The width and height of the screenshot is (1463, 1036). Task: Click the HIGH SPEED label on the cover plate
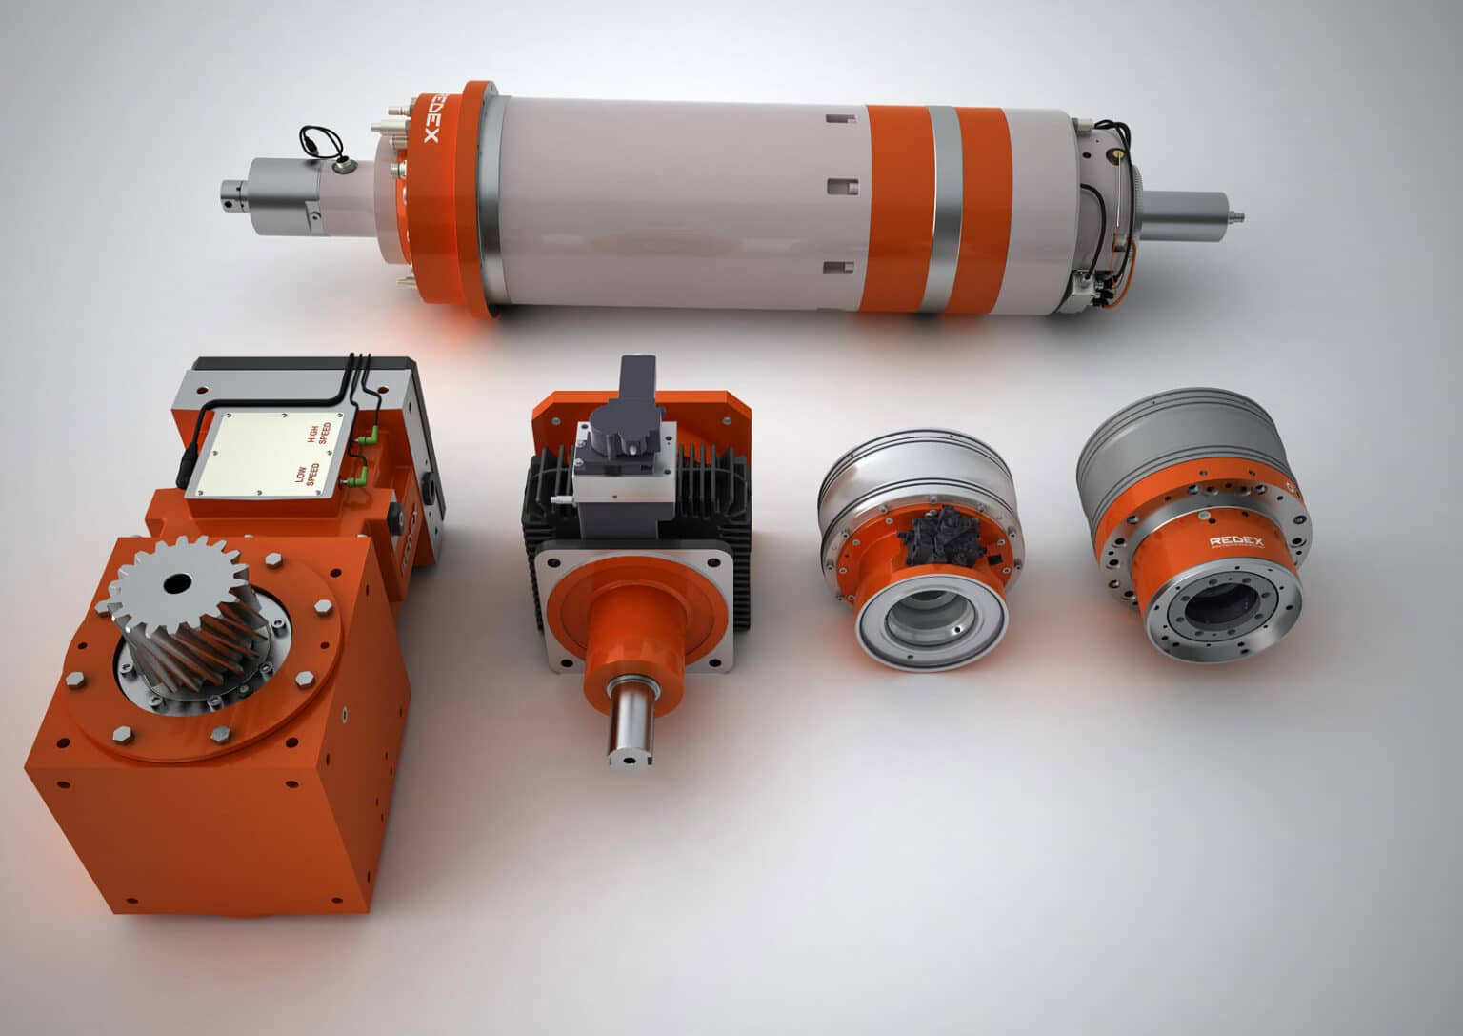click(x=317, y=434)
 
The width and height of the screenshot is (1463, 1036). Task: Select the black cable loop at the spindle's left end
click(x=318, y=140)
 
